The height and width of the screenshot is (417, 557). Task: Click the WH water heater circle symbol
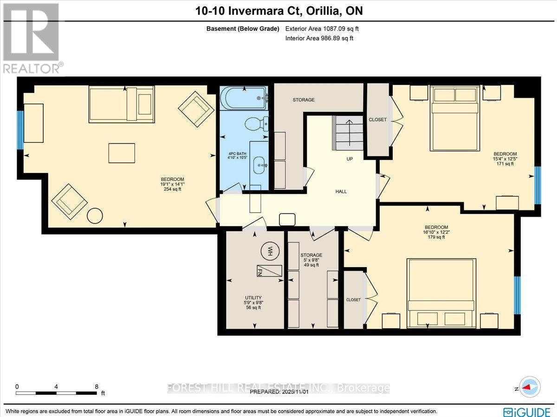[269, 251]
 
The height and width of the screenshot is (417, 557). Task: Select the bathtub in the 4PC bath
[244, 98]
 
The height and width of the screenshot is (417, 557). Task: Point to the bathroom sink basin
[259, 163]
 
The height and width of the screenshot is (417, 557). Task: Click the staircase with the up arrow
[348, 133]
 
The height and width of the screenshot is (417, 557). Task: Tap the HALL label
[341, 192]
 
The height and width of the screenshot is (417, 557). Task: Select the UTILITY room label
[253, 298]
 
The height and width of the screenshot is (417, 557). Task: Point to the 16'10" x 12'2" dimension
[437, 232]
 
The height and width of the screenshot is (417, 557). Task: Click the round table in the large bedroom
[95, 216]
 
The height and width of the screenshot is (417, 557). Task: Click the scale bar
[56, 393]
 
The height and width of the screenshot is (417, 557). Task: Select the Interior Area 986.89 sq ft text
[319, 38]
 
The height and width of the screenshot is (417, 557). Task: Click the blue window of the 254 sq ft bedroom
[20, 130]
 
